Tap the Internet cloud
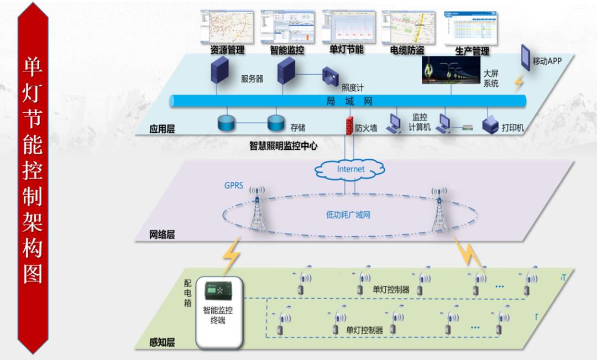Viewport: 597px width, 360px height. coord(350,169)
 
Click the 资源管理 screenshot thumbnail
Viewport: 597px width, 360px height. coord(227,26)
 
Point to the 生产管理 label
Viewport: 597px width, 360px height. coord(472,51)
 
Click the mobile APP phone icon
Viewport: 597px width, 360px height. coord(525,56)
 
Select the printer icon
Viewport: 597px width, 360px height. coord(491,126)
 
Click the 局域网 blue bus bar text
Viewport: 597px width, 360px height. coord(348,102)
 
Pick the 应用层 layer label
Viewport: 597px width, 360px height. coord(161,129)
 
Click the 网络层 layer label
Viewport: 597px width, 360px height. coord(162,234)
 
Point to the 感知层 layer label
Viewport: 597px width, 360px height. coord(162,342)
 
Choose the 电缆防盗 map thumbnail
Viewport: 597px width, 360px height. coord(409,26)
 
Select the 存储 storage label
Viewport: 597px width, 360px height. coord(297,128)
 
